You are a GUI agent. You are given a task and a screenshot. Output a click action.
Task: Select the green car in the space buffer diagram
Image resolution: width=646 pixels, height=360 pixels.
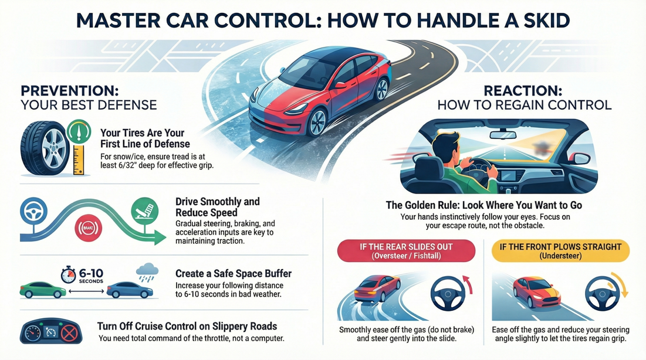tap(43, 290)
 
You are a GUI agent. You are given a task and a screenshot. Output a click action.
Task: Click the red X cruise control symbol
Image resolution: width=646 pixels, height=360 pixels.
tap(70, 333)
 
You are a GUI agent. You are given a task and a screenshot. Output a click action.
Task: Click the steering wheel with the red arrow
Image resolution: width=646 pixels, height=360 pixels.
tap(449, 292)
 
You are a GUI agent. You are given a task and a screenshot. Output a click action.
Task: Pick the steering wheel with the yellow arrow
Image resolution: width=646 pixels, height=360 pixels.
tap(602, 291)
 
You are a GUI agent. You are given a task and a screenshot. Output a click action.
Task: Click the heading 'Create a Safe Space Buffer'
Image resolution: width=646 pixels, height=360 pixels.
tap(234, 274)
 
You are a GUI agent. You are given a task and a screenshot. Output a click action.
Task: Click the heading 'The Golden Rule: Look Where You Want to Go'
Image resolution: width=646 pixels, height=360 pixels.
tap(484, 206)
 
